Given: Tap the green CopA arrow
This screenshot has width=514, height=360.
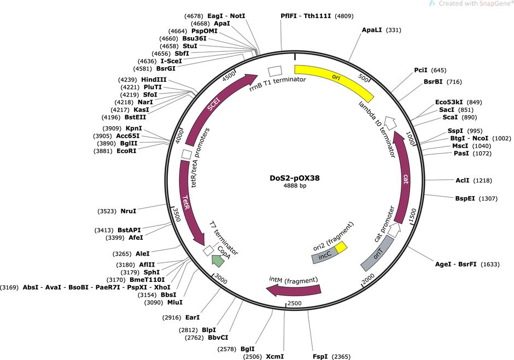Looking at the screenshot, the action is [x=218, y=260].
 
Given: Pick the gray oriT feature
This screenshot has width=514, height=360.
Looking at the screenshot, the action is [x=377, y=253].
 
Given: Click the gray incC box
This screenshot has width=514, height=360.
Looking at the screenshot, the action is [x=324, y=256].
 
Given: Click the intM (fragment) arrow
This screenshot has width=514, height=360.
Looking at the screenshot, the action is [x=294, y=290].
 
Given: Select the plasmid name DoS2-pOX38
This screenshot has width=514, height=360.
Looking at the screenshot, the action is [x=295, y=178].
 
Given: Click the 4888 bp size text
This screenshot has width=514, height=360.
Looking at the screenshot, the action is [x=295, y=186].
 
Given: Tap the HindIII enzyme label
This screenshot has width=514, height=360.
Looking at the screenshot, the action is [x=154, y=80].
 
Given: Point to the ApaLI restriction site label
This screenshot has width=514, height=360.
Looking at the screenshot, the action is [x=372, y=30].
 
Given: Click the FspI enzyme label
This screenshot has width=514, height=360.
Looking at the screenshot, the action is [x=320, y=356].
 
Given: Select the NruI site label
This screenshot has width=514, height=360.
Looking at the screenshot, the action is [x=128, y=211].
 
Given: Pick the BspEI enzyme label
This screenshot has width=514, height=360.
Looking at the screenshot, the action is [x=465, y=198].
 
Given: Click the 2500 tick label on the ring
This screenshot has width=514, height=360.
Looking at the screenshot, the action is [x=294, y=303].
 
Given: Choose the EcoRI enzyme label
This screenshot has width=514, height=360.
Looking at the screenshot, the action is [x=126, y=151].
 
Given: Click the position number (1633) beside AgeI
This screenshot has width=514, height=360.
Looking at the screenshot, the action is [x=490, y=264].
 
